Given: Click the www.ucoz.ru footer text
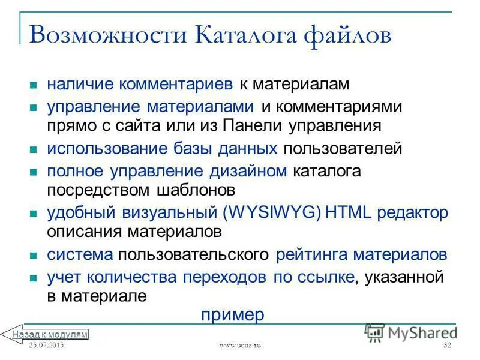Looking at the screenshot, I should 240,346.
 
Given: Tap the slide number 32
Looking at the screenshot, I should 447,346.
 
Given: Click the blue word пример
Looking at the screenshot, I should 233,315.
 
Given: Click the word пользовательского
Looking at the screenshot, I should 193,254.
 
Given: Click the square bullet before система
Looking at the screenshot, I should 34,255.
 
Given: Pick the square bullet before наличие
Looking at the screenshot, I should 34,85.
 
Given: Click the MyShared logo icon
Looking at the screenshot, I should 376,332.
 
